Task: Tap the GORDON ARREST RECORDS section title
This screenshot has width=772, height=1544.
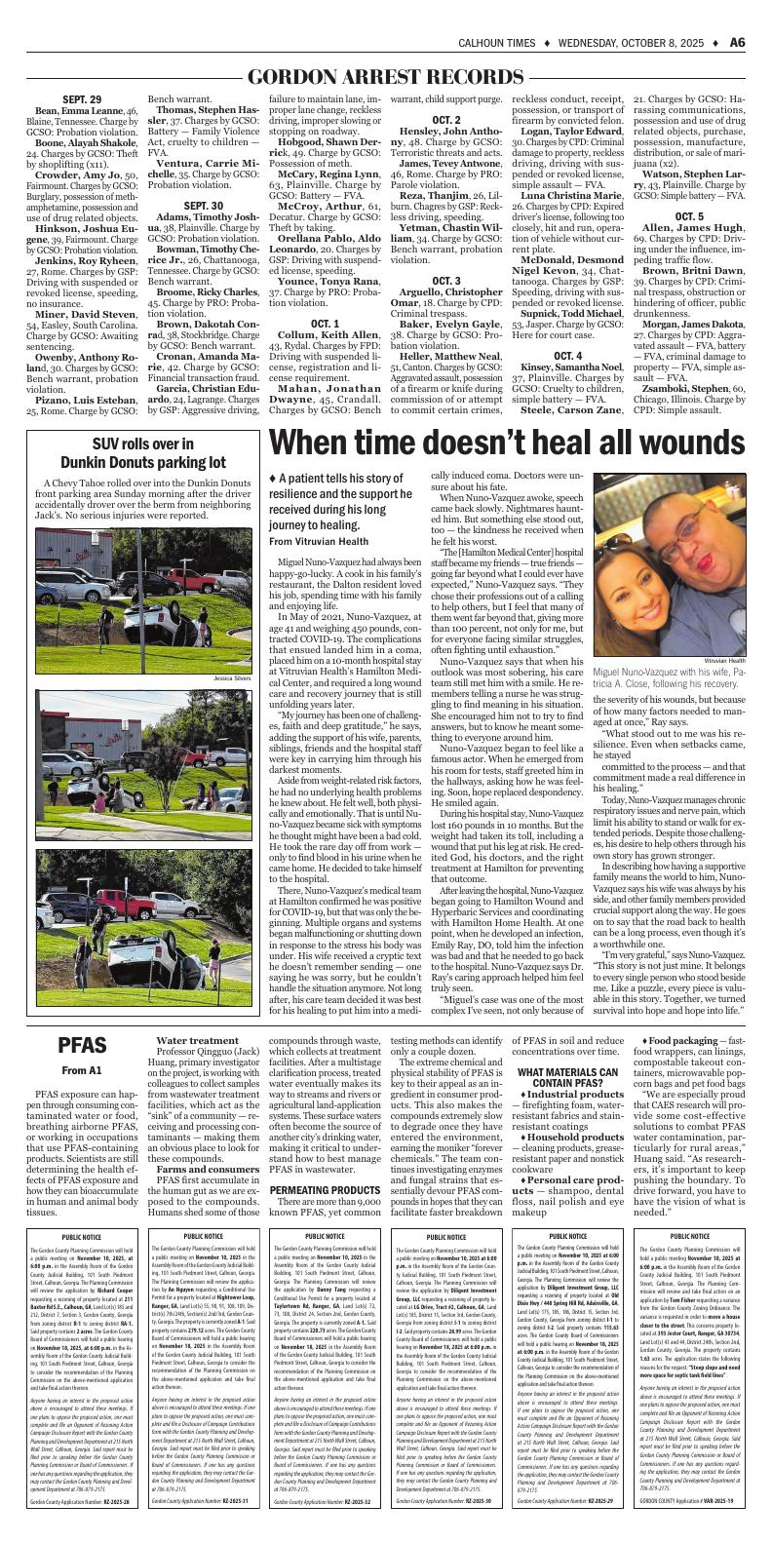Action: tap(386, 77)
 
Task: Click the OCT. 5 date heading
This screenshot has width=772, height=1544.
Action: tap(688, 188)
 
